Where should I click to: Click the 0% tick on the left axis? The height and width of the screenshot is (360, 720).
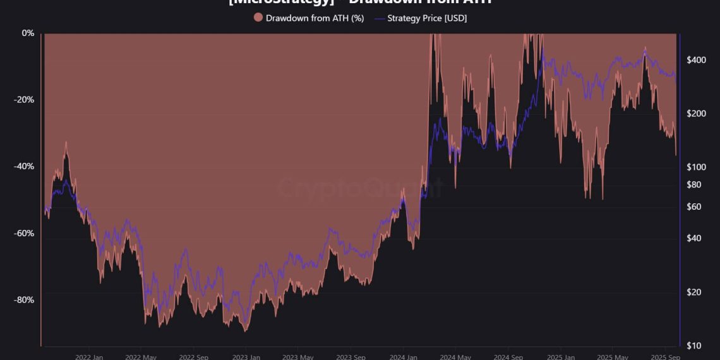28,33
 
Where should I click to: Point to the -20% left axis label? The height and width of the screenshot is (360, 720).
25,100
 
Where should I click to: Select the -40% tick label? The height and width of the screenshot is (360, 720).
25,166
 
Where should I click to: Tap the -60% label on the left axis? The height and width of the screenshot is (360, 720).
25,233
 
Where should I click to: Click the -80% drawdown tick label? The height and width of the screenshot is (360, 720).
25,299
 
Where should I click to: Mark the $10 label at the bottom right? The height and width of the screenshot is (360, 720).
694,345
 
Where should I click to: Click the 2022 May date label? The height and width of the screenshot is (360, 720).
141,357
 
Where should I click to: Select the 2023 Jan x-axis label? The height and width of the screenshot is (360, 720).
246,357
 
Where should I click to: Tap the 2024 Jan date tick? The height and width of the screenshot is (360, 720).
404,357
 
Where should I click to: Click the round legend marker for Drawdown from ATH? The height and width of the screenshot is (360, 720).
258,18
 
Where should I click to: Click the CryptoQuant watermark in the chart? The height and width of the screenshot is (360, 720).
360,188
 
